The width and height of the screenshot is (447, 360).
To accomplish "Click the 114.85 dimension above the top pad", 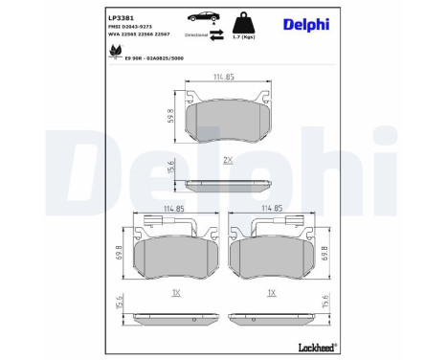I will coord(223,77).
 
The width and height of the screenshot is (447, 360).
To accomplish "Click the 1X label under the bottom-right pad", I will coord(274,293).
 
